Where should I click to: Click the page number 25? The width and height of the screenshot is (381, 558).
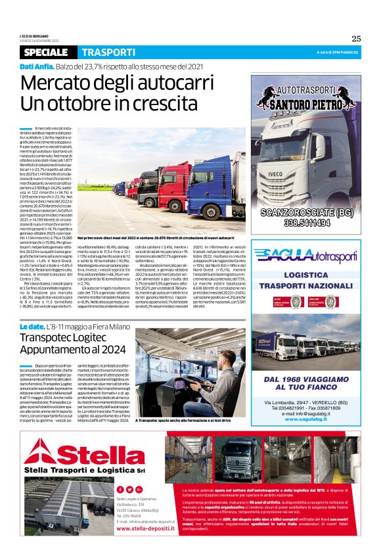pos(356,37)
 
